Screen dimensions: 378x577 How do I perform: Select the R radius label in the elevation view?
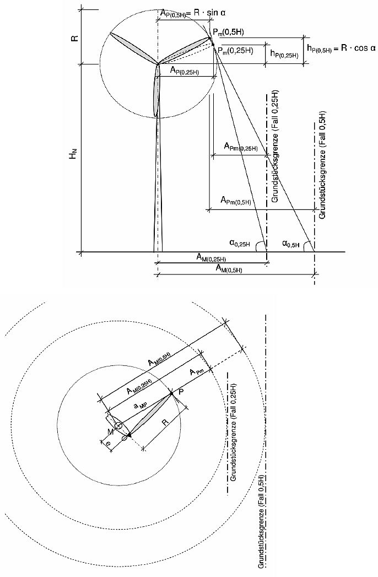[x=73, y=37]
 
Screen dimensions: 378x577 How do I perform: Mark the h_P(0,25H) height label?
[x=284, y=54]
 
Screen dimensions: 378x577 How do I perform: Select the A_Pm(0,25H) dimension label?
[x=241, y=147]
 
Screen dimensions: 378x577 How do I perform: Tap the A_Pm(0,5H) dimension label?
[x=236, y=201]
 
